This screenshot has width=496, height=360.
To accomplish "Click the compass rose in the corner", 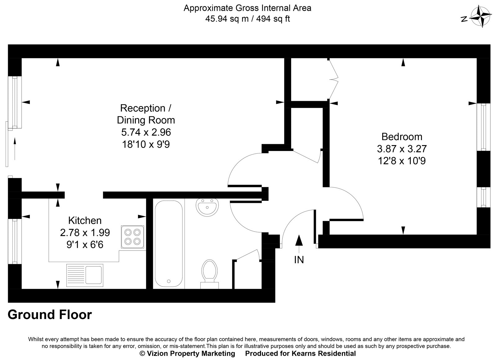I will click(480, 17).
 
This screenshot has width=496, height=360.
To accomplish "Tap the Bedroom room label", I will click(402, 136).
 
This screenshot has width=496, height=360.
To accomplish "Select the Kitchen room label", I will click(85, 220).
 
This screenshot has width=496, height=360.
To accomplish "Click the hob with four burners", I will click(133, 237).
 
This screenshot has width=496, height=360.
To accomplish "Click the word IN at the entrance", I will click(299, 260).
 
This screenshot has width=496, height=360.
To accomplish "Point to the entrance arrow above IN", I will click(299, 241).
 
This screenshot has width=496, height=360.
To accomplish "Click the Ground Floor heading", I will click(50, 315).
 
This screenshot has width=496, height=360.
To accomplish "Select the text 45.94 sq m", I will click(227, 19).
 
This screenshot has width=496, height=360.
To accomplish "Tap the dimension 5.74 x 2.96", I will click(146, 132).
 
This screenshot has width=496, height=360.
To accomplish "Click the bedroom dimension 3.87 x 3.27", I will click(402, 149).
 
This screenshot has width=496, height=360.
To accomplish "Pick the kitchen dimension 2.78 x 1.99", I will click(85, 233).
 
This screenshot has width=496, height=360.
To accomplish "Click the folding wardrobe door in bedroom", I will click(334, 79).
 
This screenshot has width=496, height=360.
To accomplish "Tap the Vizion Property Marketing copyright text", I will click(188, 353).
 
